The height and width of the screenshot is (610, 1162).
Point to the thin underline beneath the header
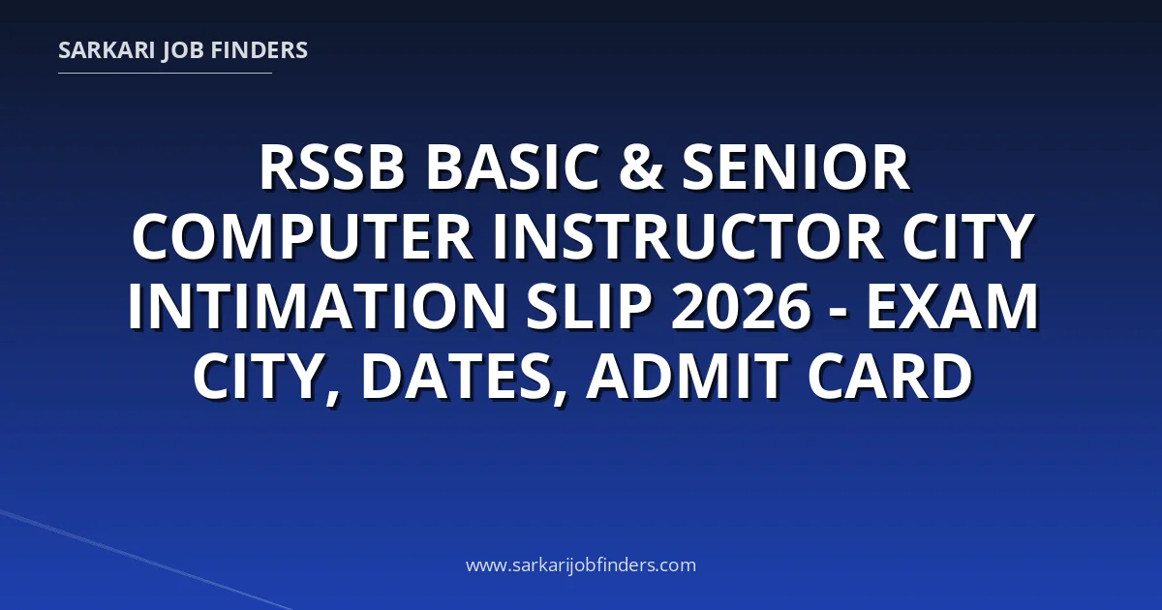click(165, 74)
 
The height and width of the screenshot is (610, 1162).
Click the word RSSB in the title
click(331, 168)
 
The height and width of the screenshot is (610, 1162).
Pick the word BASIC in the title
click(512, 168)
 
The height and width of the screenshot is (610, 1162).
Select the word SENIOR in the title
click(796, 168)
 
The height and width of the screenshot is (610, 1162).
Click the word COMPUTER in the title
click(302, 236)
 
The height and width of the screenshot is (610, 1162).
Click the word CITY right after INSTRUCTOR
click(968, 236)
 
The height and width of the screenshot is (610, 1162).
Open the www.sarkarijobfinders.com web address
click(581, 565)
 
